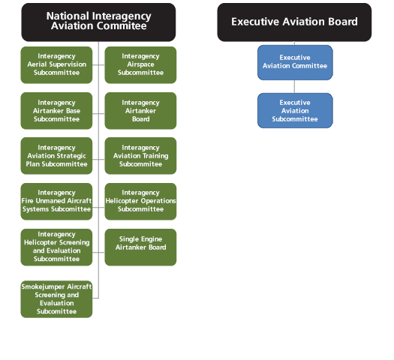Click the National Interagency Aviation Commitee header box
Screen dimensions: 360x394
click(x=98, y=21)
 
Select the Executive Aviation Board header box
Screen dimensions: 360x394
click(x=294, y=22)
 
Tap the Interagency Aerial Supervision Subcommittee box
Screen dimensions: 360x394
click(x=57, y=64)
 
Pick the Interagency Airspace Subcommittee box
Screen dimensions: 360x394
click(x=140, y=64)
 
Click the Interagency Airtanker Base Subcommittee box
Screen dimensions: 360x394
click(x=57, y=110)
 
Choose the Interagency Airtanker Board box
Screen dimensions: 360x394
click(x=140, y=110)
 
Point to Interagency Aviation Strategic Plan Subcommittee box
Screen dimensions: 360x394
click(x=57, y=155)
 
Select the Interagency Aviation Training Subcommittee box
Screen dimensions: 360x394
click(x=140, y=155)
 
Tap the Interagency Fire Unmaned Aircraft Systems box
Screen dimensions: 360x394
click(x=57, y=201)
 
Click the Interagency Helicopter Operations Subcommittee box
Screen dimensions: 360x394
click(x=140, y=201)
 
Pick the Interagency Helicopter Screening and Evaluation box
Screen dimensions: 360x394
click(x=57, y=247)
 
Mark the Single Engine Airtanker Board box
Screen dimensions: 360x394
click(x=140, y=247)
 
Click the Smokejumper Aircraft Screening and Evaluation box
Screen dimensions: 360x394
click(x=57, y=298)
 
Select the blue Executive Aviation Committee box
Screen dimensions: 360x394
click(x=294, y=61)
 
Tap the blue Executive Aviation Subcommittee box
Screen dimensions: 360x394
click(x=294, y=110)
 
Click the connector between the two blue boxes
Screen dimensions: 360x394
click(x=294, y=86)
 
